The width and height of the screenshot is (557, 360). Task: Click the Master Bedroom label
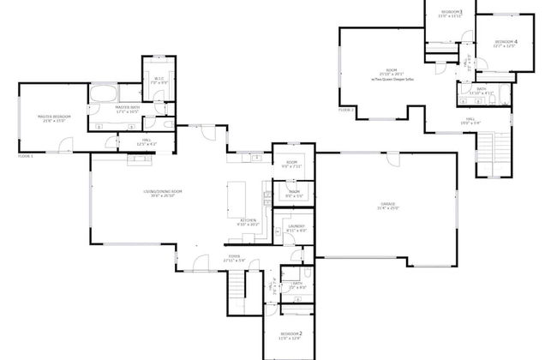coord(51,118)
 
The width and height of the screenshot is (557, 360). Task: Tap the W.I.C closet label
coord(159,80)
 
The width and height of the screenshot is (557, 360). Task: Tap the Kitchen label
coord(249,221)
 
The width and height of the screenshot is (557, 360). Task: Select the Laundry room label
coord(296,228)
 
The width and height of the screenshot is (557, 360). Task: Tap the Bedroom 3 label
coord(451,12)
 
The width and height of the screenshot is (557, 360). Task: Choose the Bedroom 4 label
coord(506,43)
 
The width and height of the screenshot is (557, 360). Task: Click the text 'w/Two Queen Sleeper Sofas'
coord(392,77)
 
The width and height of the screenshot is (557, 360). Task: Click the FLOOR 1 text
coord(27,156)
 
